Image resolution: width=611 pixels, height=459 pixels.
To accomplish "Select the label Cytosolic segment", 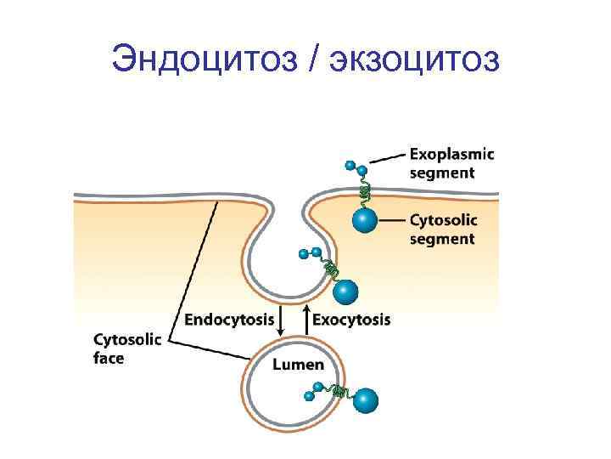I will pos(442,229).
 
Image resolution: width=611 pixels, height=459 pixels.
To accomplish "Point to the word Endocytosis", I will pos(229,320).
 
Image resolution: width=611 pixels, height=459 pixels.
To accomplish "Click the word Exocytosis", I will pos(352,320).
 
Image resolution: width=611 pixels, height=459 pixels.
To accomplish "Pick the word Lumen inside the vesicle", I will pos(298,365).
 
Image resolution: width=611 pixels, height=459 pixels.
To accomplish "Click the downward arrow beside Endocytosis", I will pos(284,320).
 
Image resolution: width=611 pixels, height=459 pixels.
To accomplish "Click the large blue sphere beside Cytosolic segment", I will pos(365,220).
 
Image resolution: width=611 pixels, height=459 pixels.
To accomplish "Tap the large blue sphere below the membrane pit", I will pos(345,292).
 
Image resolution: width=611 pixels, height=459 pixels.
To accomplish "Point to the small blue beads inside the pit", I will pos(310,253).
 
